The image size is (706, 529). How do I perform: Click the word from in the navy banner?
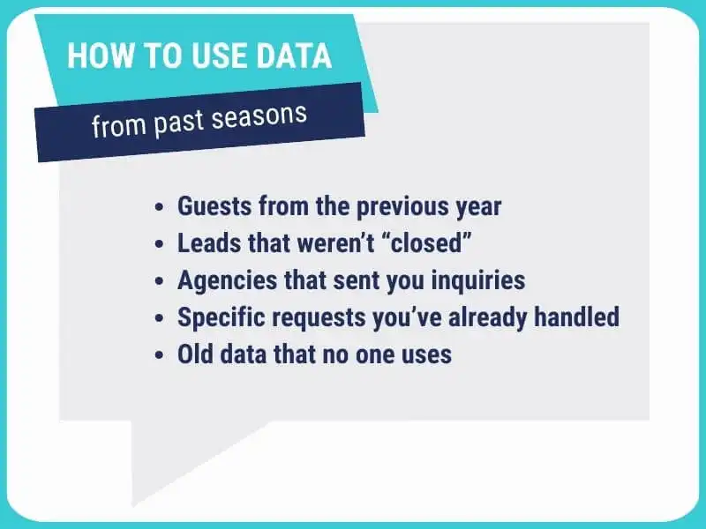point(119,126)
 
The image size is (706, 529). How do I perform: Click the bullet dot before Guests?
point(159,208)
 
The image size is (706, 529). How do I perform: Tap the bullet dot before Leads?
point(159,245)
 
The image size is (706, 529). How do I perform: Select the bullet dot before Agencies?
point(159,281)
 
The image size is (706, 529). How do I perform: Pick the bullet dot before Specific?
point(159,318)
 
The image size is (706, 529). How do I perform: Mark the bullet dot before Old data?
point(159,355)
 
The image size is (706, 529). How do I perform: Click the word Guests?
point(214,206)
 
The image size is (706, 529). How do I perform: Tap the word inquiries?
point(478,281)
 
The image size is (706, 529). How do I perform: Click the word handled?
point(577,317)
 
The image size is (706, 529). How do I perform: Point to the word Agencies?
point(228,281)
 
